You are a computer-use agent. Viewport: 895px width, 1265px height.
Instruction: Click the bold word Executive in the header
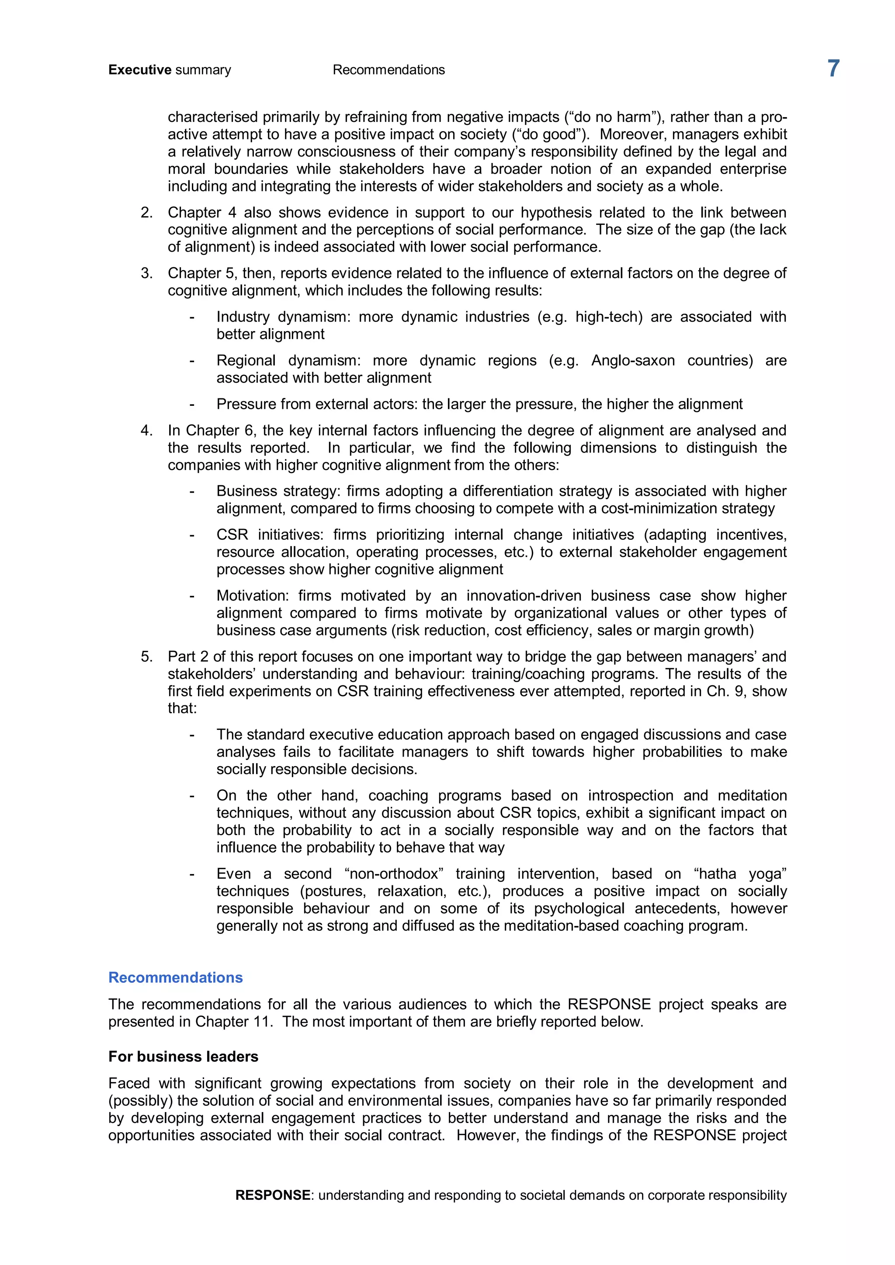tap(140, 70)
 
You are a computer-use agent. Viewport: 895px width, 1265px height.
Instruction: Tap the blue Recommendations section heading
tap(175, 978)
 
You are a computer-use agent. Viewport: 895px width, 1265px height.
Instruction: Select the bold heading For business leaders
tap(183, 1056)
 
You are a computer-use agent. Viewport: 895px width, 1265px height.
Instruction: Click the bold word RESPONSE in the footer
tap(272, 1195)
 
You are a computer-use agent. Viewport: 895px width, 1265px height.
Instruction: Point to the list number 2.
tap(146, 213)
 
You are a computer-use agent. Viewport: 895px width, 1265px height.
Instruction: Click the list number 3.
tap(146, 273)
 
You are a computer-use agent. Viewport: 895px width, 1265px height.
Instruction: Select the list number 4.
tap(146, 430)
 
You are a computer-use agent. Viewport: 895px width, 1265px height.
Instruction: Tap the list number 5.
tap(146, 657)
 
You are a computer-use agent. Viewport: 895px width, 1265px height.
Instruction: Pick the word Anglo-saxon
tap(633, 360)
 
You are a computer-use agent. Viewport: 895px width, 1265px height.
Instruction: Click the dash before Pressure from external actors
tap(192, 404)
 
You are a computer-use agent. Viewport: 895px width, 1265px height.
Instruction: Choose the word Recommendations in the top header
tap(389, 70)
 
